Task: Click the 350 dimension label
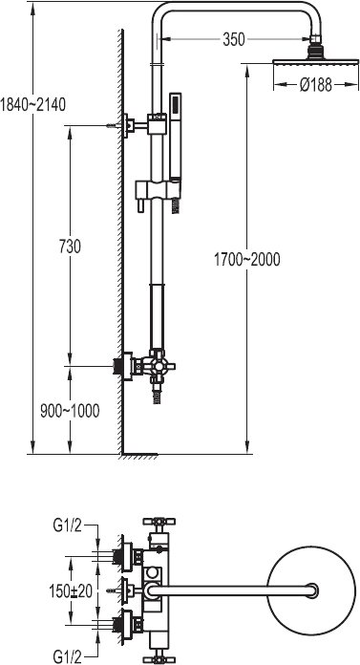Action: pos(234,39)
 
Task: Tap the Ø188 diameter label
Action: pos(316,85)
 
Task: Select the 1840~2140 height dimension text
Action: pos(32,104)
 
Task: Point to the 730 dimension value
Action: pos(70,247)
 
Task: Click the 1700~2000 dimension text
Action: pos(246,260)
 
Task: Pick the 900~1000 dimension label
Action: pos(70,411)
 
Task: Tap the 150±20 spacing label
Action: pos(71,590)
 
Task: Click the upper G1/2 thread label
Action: pos(67,526)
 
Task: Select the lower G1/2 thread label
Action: pos(67,657)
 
